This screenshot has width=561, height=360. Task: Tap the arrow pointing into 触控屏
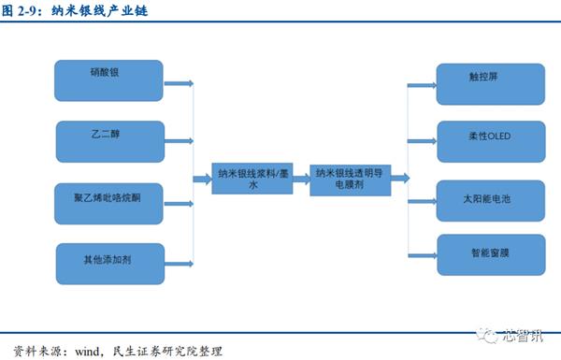[x=423, y=82]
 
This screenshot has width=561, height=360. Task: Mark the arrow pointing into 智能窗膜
[x=423, y=254]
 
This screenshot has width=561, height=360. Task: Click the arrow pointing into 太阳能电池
[x=423, y=197]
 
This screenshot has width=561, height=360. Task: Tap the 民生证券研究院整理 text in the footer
[x=167, y=351]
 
